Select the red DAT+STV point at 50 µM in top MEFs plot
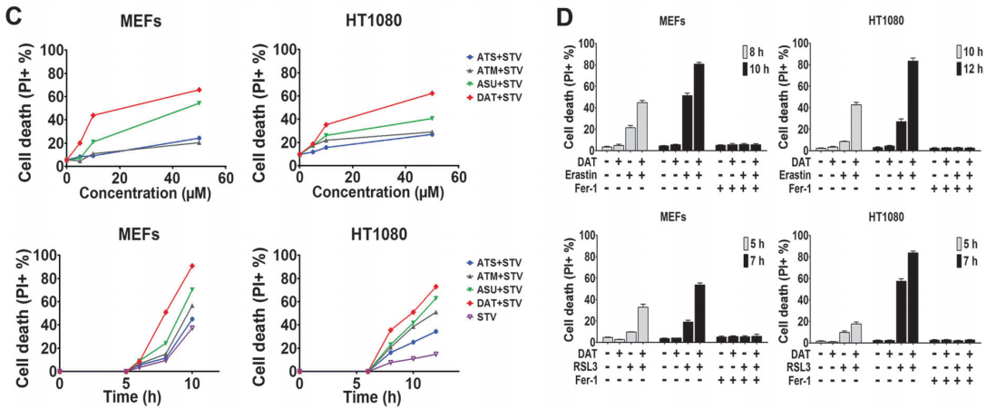[199, 90]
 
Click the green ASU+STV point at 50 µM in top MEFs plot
[199, 103]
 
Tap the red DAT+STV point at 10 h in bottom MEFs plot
[192, 266]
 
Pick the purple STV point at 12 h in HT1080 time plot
[435, 354]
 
